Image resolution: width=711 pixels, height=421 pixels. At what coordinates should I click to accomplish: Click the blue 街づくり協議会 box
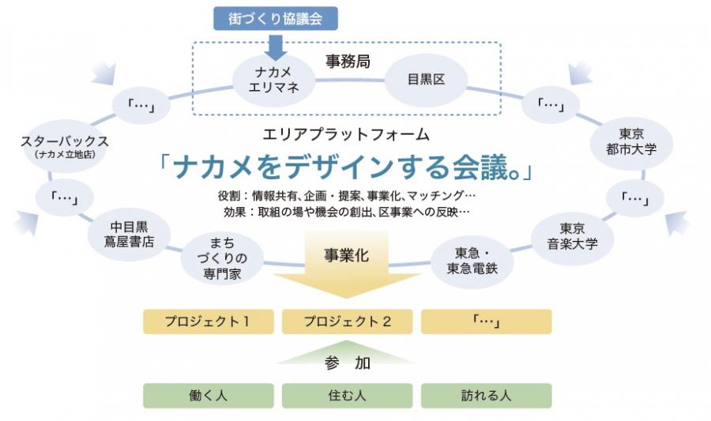point(276,17)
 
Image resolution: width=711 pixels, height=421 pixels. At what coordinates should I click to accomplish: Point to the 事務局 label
point(348,59)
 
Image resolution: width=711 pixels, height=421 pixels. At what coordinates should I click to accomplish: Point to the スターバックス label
point(66,141)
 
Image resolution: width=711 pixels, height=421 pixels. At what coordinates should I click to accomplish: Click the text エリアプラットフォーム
point(346,134)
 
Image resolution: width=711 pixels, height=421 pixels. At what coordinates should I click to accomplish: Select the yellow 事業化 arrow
point(345,273)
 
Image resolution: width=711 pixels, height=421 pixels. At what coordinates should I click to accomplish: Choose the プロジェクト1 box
point(208,321)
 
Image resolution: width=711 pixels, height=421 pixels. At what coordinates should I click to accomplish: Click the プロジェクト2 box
point(347,321)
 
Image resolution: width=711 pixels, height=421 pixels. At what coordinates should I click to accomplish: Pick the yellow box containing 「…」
point(486,321)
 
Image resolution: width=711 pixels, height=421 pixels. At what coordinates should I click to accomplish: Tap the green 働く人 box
point(208,395)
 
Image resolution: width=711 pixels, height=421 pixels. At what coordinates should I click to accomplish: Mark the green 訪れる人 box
point(486,395)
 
